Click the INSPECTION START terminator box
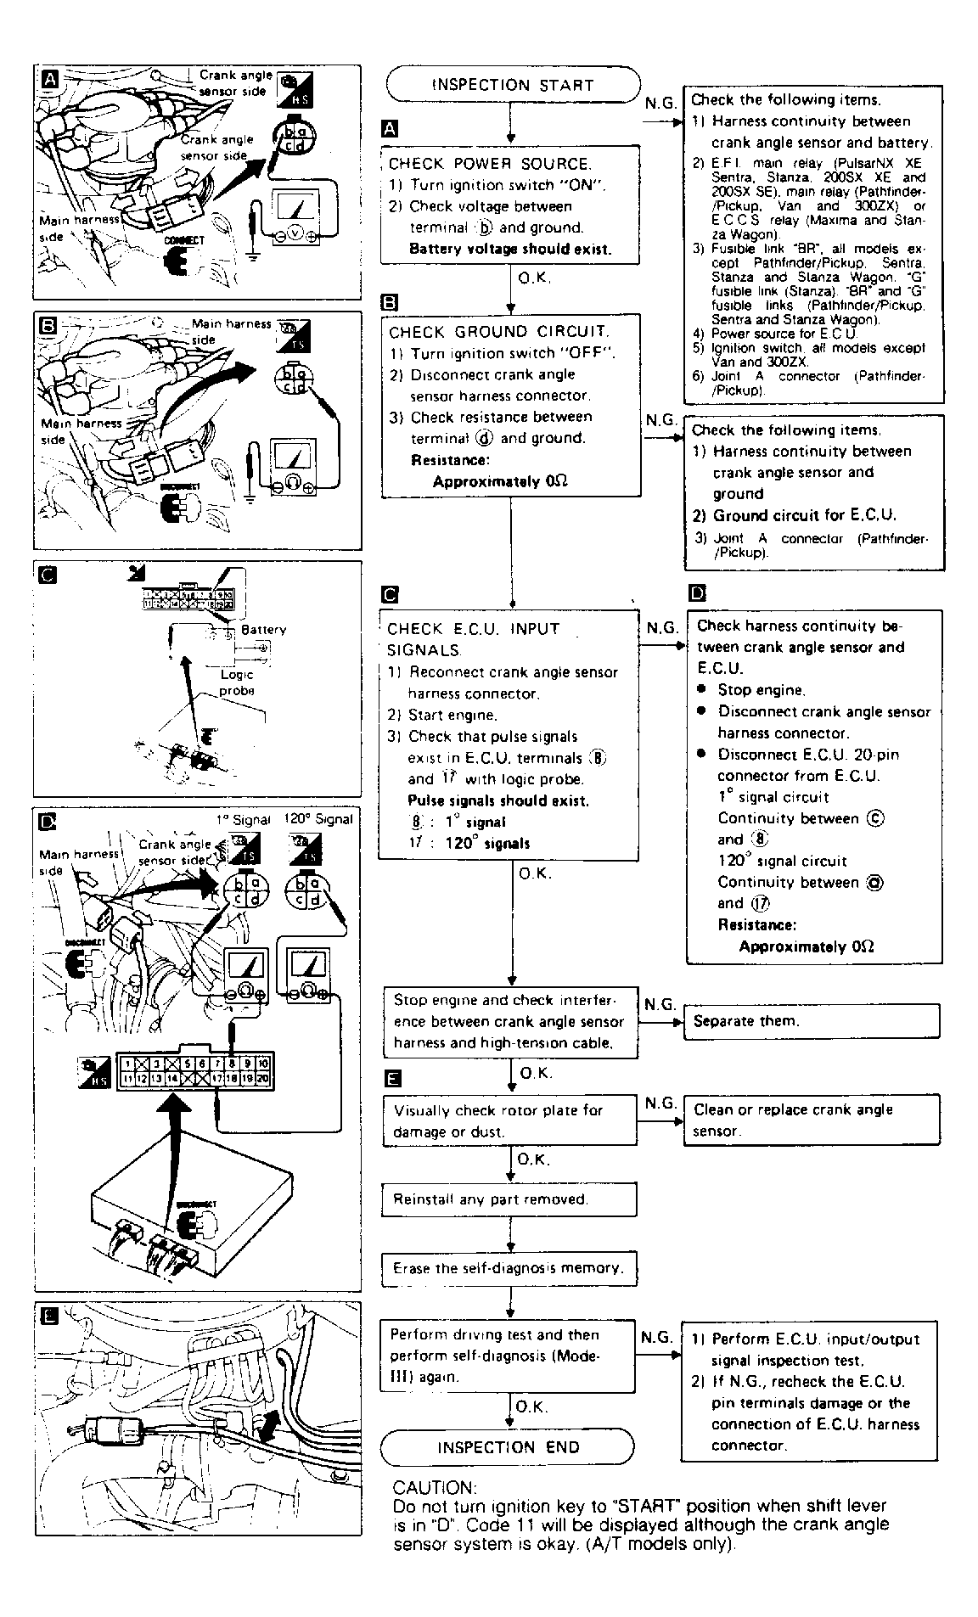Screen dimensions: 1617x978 click(x=513, y=85)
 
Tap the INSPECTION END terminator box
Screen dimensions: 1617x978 click(x=508, y=1447)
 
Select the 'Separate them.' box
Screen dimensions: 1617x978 click(x=812, y=1021)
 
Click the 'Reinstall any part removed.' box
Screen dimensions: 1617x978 click(x=509, y=1199)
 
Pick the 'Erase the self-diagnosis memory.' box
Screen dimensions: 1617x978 click(x=509, y=1268)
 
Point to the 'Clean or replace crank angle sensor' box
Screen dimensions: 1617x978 click(x=812, y=1120)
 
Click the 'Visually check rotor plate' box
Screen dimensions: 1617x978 click(x=508, y=1120)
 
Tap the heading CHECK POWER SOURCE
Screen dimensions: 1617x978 click(x=489, y=164)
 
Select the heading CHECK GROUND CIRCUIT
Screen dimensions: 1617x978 click(x=499, y=332)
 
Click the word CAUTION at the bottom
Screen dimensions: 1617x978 click(x=435, y=1487)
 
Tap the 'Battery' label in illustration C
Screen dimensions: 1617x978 click(x=264, y=630)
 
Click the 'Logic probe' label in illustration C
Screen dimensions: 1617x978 click(x=237, y=682)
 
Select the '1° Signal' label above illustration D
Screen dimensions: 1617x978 click(x=243, y=819)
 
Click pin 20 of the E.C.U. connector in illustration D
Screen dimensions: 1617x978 click(x=263, y=1079)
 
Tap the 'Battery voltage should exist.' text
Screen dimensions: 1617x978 click(x=510, y=249)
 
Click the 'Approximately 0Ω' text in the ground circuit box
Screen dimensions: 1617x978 click(x=500, y=481)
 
